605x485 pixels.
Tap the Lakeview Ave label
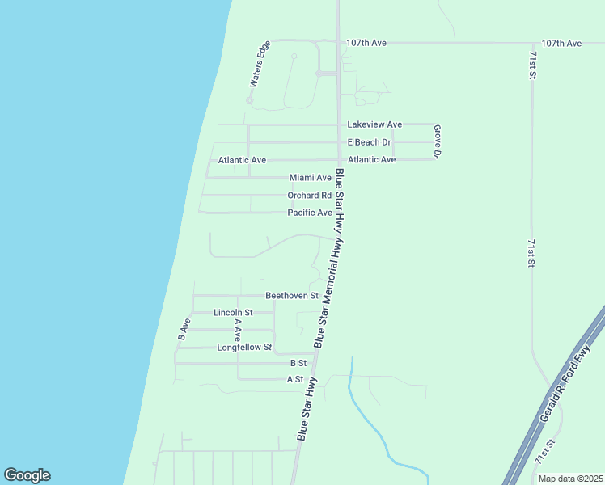click(374, 124)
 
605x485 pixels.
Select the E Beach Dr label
click(369, 142)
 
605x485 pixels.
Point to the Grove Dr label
click(437, 141)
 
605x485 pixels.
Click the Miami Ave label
click(311, 178)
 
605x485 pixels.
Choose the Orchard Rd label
click(309, 196)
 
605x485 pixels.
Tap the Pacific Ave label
click(310, 213)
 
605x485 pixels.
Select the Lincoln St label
click(233, 312)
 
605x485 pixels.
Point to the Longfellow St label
click(244, 348)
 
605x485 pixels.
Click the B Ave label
click(184, 327)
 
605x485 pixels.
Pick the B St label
click(298, 364)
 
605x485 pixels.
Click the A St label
click(295, 379)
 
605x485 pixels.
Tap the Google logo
click(27, 475)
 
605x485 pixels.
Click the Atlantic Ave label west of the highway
click(242, 160)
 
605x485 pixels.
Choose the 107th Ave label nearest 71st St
click(561, 43)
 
